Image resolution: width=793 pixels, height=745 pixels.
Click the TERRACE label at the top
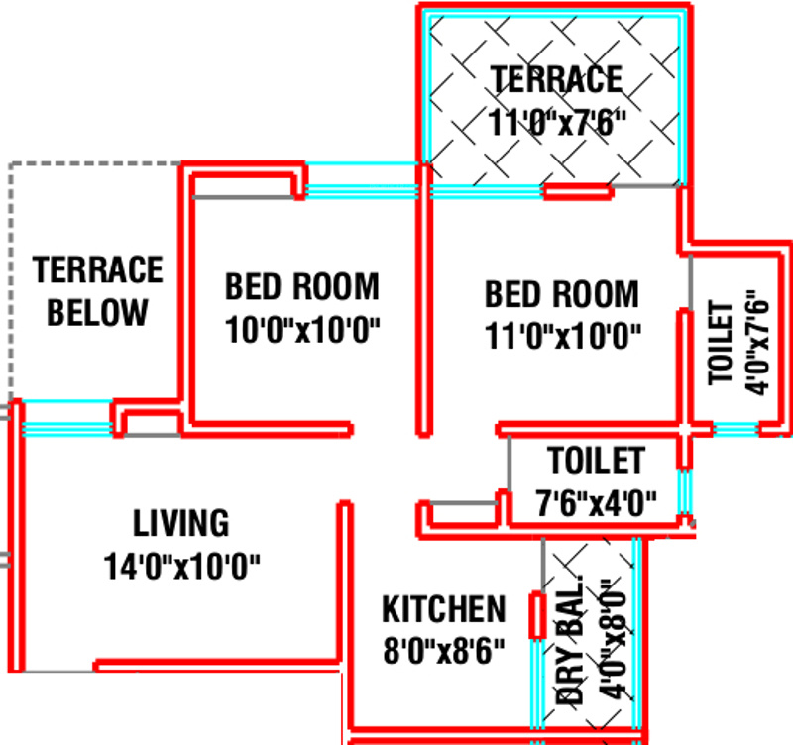pyautogui.click(x=557, y=78)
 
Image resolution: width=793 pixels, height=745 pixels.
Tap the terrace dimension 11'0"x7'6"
pyautogui.click(x=558, y=122)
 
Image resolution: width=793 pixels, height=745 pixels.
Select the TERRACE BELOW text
pyautogui.click(x=97, y=290)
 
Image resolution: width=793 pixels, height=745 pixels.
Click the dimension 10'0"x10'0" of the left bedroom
pyautogui.click(x=303, y=330)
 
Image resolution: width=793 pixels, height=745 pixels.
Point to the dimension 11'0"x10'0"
pyautogui.click(x=564, y=336)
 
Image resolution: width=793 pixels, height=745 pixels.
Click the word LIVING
pyautogui.click(x=181, y=522)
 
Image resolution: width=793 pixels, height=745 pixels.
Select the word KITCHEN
pyautogui.click(x=444, y=608)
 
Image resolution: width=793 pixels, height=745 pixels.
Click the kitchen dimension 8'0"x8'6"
pyautogui.click(x=444, y=651)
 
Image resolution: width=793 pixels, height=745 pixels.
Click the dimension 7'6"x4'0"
pyautogui.click(x=596, y=502)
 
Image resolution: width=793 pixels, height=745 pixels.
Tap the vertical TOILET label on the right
pyautogui.click(x=721, y=343)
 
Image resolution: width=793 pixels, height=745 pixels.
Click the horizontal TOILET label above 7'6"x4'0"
pyautogui.click(x=596, y=461)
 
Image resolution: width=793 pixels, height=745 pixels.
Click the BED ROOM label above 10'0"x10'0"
pyautogui.click(x=301, y=287)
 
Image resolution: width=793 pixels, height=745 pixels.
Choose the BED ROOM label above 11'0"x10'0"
pyautogui.click(x=562, y=294)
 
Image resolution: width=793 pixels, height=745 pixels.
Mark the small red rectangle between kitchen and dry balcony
pyautogui.click(x=536, y=616)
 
